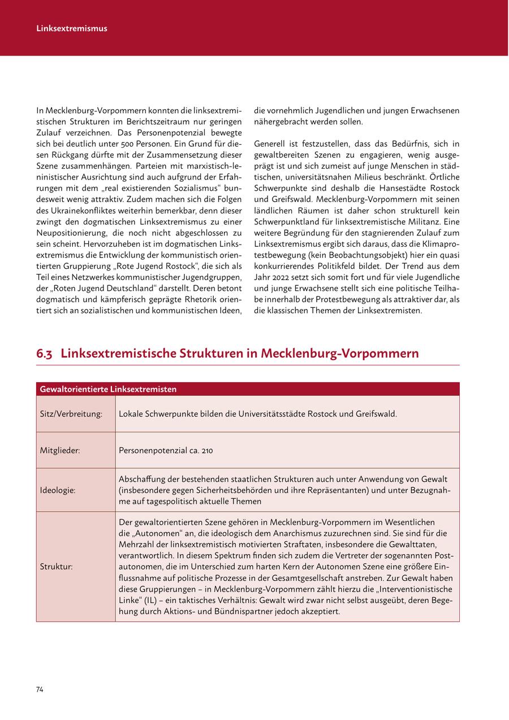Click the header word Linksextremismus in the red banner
point(72,28)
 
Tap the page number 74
point(40,689)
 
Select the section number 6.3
point(45,354)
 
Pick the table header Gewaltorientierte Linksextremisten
point(108,389)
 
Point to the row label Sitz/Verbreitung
point(71,414)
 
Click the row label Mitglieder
point(60,451)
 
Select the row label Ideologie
point(58,490)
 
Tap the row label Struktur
point(57,567)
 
